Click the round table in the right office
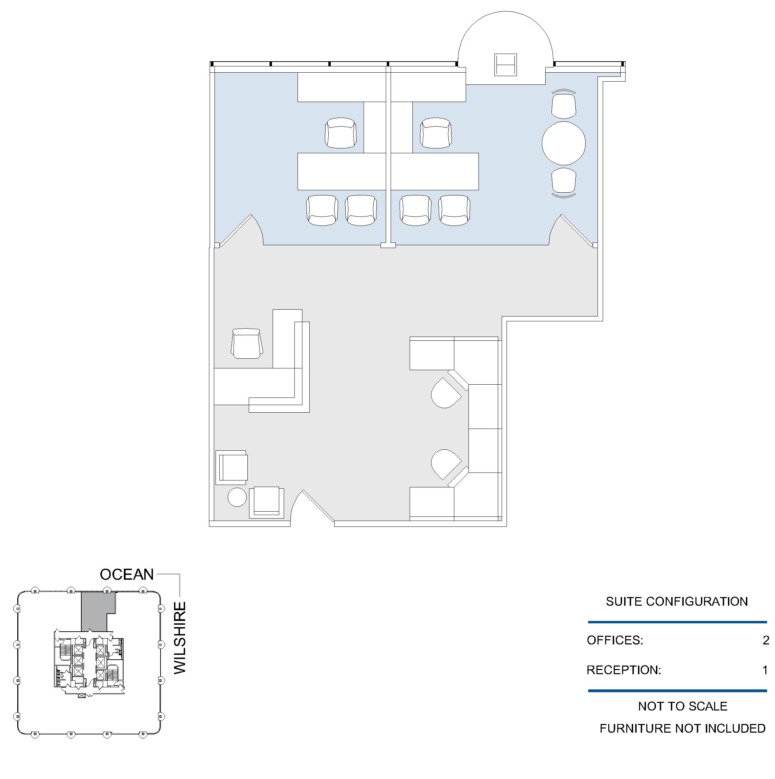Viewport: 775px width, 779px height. click(x=563, y=143)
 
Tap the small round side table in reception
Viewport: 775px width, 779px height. click(x=237, y=497)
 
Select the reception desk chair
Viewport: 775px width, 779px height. click(x=247, y=343)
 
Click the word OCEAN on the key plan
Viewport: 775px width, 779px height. click(x=127, y=574)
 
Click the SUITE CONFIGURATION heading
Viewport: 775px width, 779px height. click(x=677, y=601)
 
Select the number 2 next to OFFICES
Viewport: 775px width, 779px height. click(x=766, y=640)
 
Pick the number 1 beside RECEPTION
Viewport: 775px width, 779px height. click(x=765, y=670)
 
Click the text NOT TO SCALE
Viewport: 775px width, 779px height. click(x=683, y=706)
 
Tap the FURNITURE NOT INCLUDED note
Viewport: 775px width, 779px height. click(x=682, y=728)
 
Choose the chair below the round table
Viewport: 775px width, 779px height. click(x=563, y=183)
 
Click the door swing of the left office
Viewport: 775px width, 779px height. click(x=240, y=230)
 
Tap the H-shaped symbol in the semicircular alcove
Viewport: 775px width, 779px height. click(x=505, y=65)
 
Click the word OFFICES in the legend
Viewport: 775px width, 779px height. click(x=614, y=640)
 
